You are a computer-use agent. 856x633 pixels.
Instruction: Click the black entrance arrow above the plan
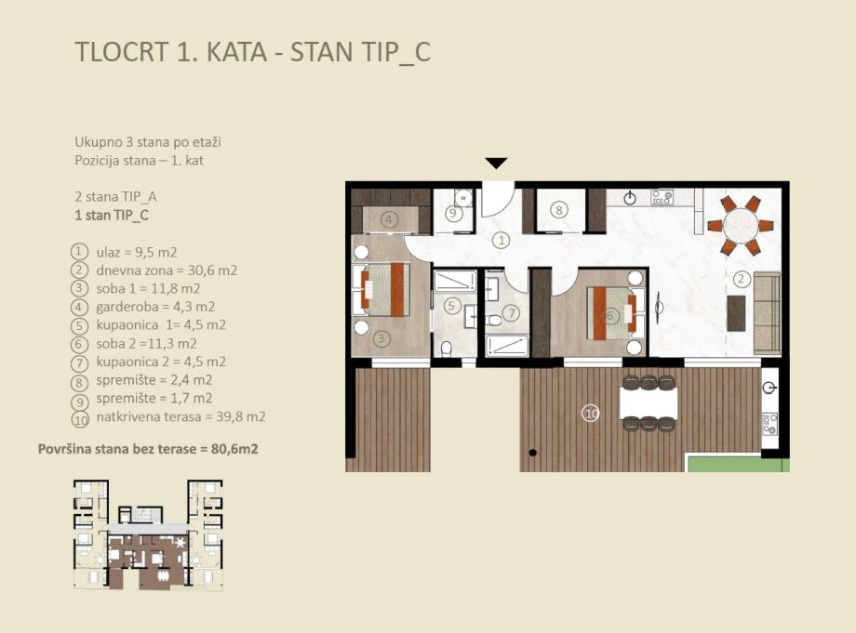coord(496,163)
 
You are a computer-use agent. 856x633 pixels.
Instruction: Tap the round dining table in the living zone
coord(741,226)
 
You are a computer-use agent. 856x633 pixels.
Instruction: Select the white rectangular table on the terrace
coord(649,403)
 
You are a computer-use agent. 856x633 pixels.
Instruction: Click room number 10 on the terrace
coord(591,414)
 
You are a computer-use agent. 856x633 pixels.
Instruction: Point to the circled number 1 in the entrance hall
coord(501,240)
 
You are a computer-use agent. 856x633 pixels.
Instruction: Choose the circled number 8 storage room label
coord(558,209)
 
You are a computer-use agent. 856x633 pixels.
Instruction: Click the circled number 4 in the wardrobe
coord(389,219)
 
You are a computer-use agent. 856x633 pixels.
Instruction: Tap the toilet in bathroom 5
coord(446,349)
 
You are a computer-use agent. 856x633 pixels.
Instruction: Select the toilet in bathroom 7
coord(494,321)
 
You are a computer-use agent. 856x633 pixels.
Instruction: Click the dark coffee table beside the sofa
coord(737,313)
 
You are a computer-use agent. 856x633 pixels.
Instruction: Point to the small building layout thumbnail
coord(148,534)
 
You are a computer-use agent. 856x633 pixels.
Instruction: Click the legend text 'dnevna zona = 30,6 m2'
coord(167,270)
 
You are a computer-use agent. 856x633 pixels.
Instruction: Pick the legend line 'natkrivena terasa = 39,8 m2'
coord(181,417)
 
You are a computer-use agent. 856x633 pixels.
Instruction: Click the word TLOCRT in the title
coord(122,52)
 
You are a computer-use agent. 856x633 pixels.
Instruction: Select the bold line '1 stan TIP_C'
coord(112,216)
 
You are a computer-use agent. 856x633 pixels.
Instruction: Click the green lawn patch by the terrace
coord(738,464)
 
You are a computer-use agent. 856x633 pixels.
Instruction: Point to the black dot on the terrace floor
coord(532,453)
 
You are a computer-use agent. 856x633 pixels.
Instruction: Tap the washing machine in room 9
coord(463,197)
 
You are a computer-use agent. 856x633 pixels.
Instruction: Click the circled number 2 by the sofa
coord(741,279)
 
